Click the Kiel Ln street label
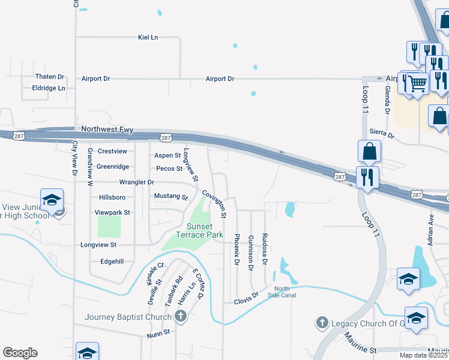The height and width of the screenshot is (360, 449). (148, 37)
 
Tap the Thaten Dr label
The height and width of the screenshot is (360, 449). (49, 77)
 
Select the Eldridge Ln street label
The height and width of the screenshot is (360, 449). (48, 88)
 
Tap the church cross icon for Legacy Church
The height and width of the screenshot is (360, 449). (322, 323)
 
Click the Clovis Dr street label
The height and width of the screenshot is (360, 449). (246, 296)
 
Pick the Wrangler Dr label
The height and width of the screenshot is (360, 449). (137, 181)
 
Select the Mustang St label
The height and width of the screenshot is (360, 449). (171, 196)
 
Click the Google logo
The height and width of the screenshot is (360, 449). (20, 353)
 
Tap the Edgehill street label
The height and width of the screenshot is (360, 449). (112, 261)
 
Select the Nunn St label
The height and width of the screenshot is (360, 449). (158, 331)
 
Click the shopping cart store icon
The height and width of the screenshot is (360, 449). (416, 83)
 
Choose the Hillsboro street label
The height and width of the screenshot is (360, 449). (112, 197)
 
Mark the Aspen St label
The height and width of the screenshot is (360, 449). (167, 155)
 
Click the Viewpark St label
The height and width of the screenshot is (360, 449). (112, 212)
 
